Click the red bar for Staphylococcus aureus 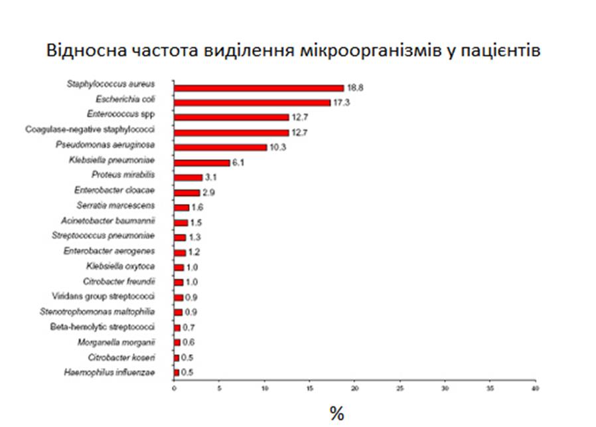pos(258,88)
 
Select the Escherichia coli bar pos(252,102)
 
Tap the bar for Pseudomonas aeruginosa pos(220,147)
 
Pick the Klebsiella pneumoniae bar pos(201,163)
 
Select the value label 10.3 pos(277,147)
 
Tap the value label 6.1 pos(237,163)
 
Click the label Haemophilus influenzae pos(110,373)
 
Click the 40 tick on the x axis pos(535,388)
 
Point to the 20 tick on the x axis pos(354,388)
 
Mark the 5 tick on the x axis pos(219,388)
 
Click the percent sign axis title pos(336,414)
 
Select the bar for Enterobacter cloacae pos(186,193)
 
